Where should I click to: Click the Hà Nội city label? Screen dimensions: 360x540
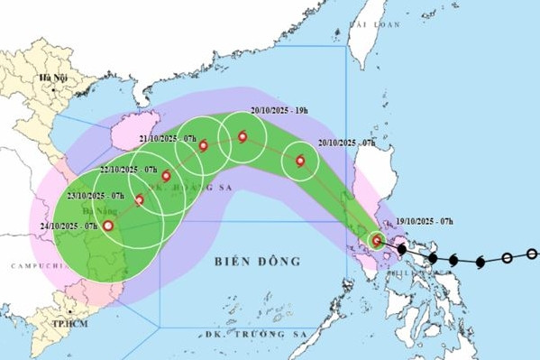tap(51, 79)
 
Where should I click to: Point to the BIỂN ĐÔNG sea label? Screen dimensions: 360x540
tap(257, 262)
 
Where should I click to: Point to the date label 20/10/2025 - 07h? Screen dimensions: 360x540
tap(347, 143)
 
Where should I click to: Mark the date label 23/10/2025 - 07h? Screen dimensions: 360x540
tap(95, 195)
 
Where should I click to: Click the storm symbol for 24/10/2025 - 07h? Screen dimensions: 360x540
tap(108, 226)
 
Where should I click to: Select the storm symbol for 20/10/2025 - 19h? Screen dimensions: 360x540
tap(243, 137)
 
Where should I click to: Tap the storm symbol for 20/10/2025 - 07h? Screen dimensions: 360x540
tap(300, 162)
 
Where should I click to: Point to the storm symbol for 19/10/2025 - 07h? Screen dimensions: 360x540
tap(377, 241)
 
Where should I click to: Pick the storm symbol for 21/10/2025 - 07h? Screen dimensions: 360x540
tap(204, 146)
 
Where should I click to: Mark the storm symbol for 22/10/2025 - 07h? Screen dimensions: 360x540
tap(166, 176)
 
